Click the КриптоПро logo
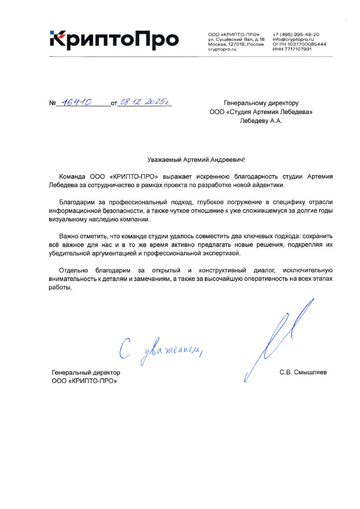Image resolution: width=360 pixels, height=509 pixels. click(x=114, y=40)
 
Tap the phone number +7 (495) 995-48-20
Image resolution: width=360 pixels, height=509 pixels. click(x=296, y=34)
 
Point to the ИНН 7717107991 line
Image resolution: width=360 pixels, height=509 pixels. click(x=292, y=49)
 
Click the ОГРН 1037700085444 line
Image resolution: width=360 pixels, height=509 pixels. click(x=299, y=44)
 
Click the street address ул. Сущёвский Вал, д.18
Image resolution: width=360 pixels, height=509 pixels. click(x=236, y=39)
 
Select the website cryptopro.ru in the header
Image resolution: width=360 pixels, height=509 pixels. click(x=222, y=49)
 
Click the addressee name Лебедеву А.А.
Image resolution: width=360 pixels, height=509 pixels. click(x=261, y=121)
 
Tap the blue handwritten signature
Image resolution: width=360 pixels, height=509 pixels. click(x=279, y=340)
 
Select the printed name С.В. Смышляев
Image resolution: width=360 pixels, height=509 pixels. click(x=303, y=372)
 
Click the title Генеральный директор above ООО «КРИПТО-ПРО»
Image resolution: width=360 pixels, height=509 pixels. click(x=86, y=373)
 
